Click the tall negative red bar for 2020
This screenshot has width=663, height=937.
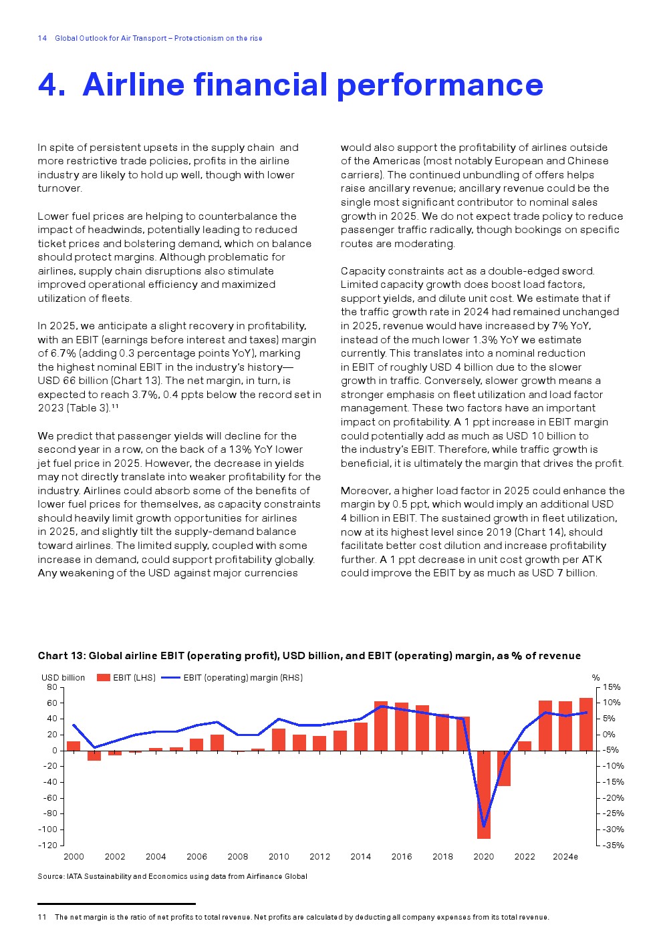click(484, 794)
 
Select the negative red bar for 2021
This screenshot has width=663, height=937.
click(504, 768)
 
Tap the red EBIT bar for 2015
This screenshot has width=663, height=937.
click(381, 726)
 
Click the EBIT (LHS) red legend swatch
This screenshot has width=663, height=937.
click(103, 677)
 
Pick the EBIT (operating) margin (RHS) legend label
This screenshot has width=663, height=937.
click(243, 677)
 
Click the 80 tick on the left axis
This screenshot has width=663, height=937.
click(52, 687)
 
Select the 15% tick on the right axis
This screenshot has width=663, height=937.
click(612, 687)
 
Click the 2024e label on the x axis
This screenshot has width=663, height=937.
click(565, 857)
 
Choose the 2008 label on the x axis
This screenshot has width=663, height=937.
click(238, 857)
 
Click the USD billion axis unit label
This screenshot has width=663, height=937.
click(63, 677)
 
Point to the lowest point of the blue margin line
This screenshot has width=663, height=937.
click(484, 827)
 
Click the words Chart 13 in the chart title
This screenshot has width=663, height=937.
click(61, 656)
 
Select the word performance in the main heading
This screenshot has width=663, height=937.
click(440, 85)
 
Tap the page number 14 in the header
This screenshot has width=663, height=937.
click(42, 38)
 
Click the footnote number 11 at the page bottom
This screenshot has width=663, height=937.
click(42, 917)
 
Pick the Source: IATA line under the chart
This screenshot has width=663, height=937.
click(172, 876)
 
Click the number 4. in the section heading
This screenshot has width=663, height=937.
click(52, 85)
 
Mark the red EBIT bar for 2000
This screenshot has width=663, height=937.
click(74, 746)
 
